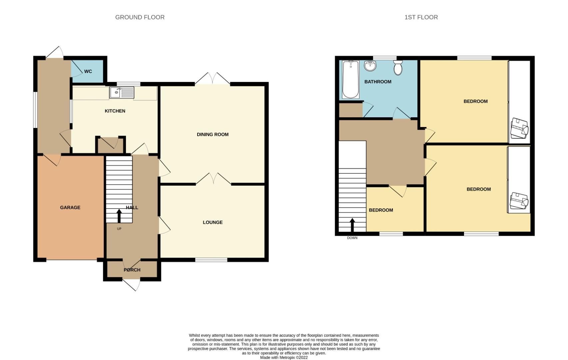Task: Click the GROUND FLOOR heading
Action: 140,17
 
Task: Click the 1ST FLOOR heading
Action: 421,17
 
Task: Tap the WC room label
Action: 88,71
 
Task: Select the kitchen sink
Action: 122,92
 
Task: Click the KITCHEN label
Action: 115,111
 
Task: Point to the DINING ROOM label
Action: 213,135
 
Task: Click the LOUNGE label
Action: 213,222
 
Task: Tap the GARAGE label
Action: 70,207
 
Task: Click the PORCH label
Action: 132,270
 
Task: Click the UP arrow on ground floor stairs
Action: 119,216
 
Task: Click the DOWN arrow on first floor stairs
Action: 352,225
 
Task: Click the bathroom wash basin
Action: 370,66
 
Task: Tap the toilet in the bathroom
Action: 398,68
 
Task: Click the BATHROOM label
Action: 377,82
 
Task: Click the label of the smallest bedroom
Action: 381,210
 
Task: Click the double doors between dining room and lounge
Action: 213,179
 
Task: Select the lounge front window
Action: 211,260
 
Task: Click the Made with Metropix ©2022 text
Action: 284,357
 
